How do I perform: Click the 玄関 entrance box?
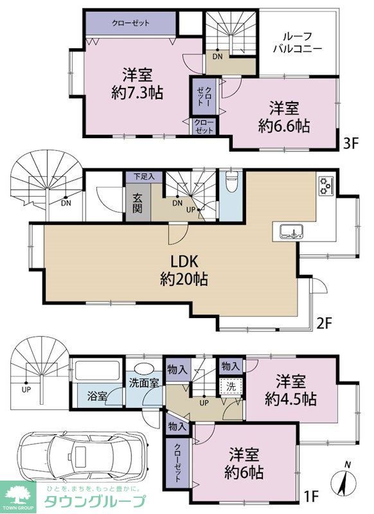[137, 202]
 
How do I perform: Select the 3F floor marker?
[349, 142]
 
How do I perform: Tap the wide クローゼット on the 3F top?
[130, 24]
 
